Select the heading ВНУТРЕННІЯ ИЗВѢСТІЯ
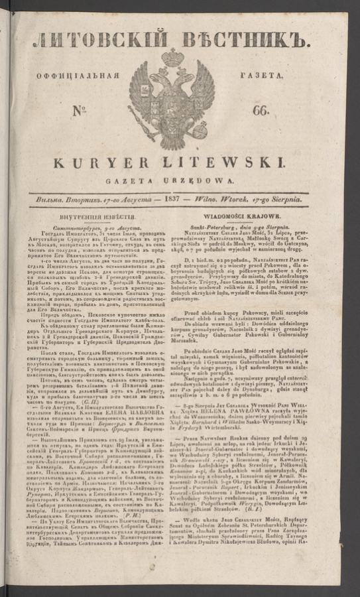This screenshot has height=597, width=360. (x=100, y=217)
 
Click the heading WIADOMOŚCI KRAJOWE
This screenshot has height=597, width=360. (x=247, y=216)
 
